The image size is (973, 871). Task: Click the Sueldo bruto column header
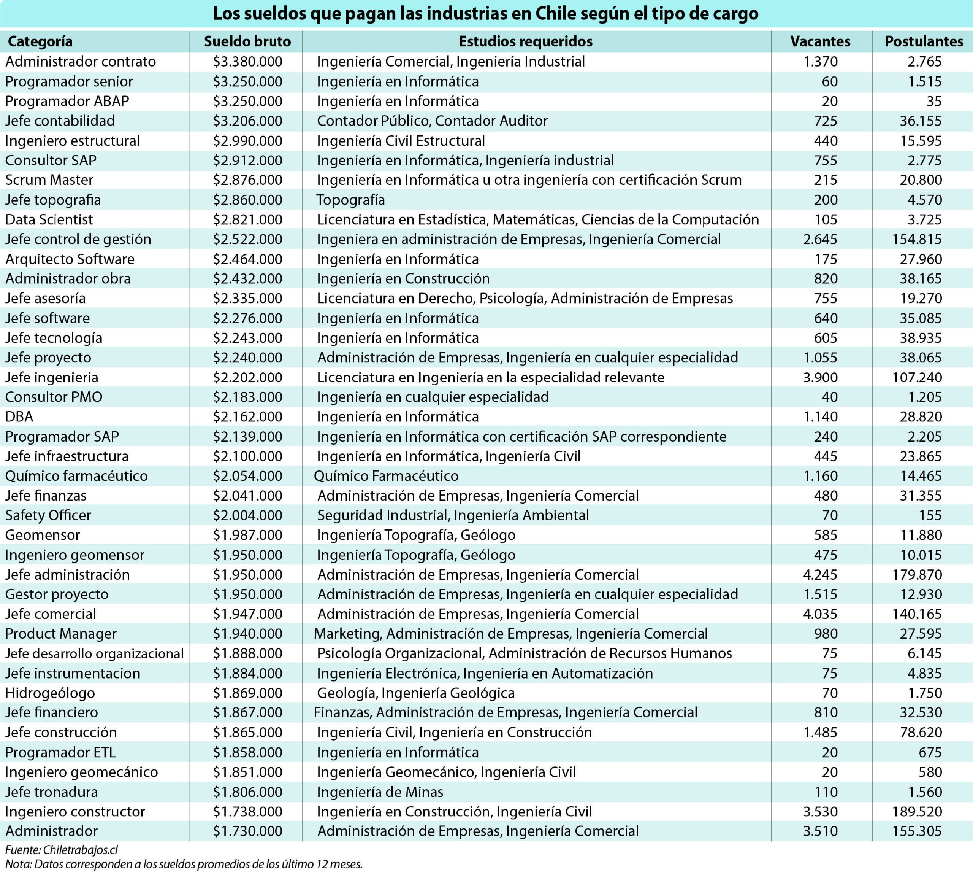(247, 41)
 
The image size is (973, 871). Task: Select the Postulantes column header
(924, 41)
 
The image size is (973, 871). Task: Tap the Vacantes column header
(820, 41)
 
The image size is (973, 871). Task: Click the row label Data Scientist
(49, 220)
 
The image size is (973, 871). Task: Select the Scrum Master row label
(49, 180)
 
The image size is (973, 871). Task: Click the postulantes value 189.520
(917, 812)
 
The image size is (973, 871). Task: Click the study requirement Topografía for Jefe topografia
(351, 200)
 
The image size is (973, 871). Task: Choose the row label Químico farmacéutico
(76, 476)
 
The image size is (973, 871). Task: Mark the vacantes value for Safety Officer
(830, 515)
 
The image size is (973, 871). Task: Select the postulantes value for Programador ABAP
(933, 102)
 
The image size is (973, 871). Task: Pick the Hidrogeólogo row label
(50, 693)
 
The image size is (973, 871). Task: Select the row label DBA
(19, 417)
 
